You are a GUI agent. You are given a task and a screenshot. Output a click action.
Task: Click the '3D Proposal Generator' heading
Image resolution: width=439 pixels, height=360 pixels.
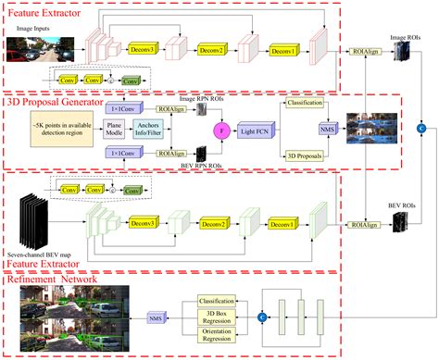[x=60, y=101]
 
